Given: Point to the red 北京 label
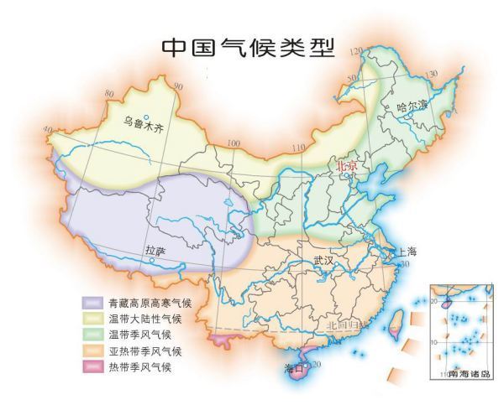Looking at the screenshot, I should [x=348, y=167].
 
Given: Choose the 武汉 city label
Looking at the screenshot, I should [x=323, y=260].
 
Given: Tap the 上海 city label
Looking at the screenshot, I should [x=407, y=252].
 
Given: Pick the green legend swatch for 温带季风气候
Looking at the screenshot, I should [x=92, y=335].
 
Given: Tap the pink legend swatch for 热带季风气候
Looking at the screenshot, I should [x=92, y=366].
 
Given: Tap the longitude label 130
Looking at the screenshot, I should [x=433, y=75].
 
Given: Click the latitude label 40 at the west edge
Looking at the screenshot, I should [x=46, y=130].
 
